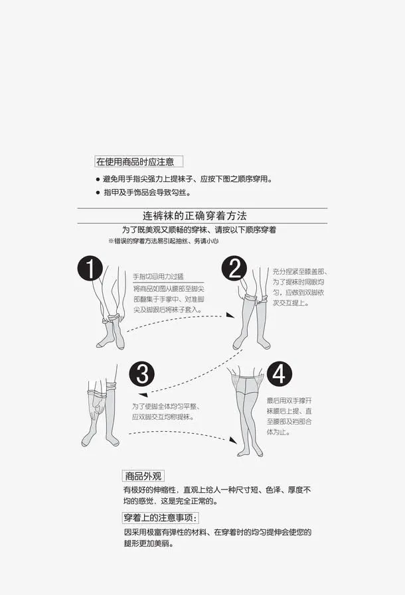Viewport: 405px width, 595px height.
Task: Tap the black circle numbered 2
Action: click(234, 269)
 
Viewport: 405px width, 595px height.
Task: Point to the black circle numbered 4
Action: click(279, 374)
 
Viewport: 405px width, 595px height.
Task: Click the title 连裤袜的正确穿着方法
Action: click(197, 216)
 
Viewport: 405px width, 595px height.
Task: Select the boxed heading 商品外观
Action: click(143, 476)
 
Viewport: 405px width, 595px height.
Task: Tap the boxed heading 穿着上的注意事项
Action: click(160, 517)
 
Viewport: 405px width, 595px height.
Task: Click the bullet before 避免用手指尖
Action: click(97, 180)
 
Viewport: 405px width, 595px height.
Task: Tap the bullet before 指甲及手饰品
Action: click(97, 193)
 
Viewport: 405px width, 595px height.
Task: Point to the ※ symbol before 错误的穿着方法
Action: click(111, 241)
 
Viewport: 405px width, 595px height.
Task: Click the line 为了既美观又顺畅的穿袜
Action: click(199, 230)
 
